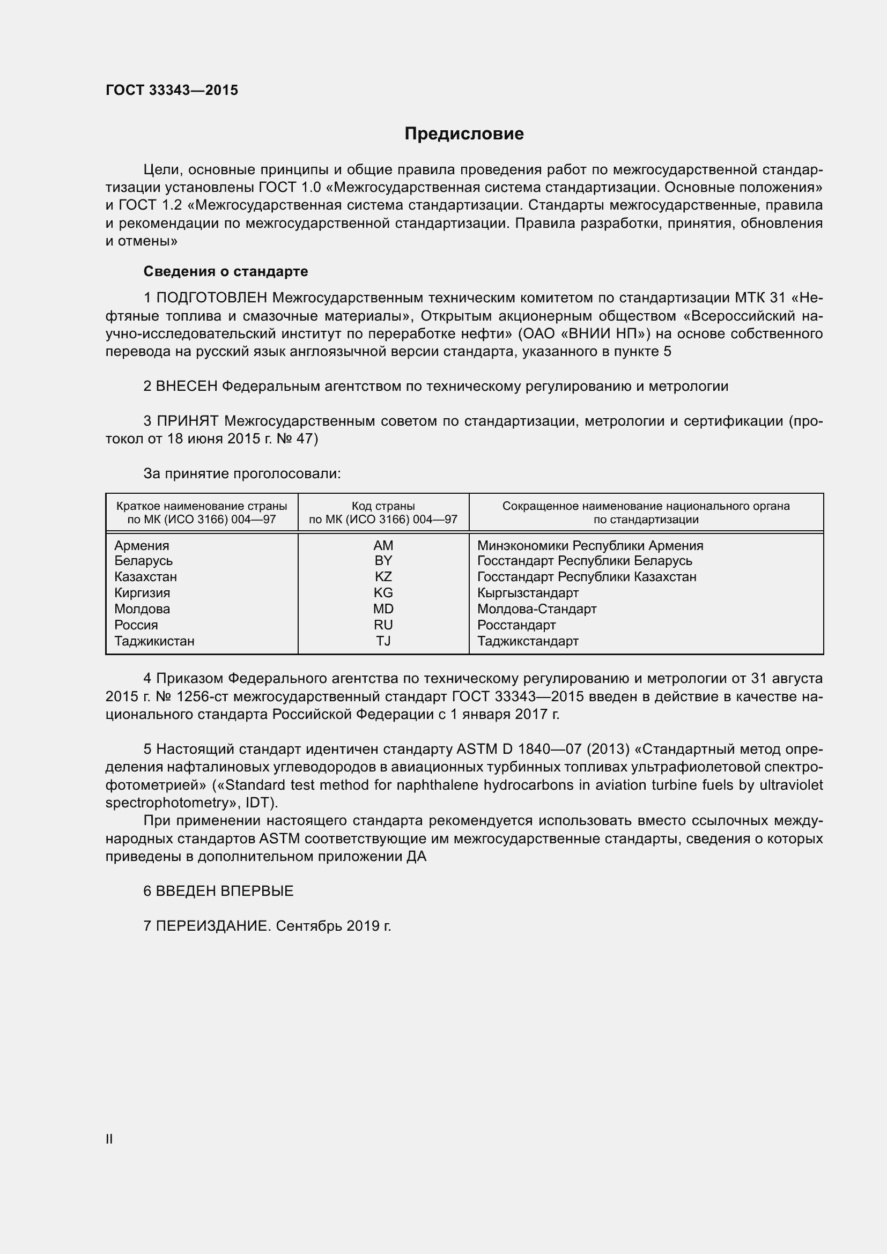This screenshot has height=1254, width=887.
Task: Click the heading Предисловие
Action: tap(464, 134)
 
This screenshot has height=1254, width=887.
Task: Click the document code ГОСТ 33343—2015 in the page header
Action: tap(172, 90)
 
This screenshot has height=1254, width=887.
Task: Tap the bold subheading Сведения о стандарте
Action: tap(226, 271)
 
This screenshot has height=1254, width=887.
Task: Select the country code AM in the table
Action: tap(383, 546)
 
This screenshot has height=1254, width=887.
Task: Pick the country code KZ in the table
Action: tap(383, 577)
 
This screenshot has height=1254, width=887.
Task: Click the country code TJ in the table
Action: tap(383, 641)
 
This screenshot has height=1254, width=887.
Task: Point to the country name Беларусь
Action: tap(143, 561)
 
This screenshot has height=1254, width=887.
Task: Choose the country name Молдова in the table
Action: tap(142, 609)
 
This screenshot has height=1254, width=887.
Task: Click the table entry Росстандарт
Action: tap(516, 625)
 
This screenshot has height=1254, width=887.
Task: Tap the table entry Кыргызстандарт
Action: tap(528, 593)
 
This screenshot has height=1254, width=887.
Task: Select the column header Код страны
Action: tap(383, 506)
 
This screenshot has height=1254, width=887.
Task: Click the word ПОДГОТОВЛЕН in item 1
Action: tap(212, 298)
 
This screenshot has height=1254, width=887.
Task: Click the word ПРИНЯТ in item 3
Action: tap(187, 421)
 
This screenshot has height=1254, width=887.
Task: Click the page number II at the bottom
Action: tap(109, 1139)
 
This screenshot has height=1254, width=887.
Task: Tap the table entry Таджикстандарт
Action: tap(528, 641)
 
